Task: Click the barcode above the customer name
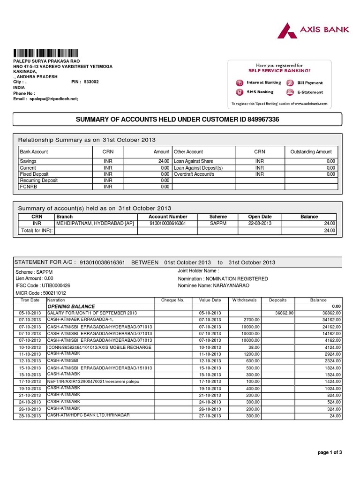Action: point(46,52)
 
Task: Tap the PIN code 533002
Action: point(91,82)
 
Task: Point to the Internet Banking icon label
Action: point(263,82)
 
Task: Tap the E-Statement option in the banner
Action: point(310,92)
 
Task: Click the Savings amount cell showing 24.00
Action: point(162,161)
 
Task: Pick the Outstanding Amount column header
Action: point(311,152)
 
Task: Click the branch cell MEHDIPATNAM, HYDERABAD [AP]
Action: point(95,224)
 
